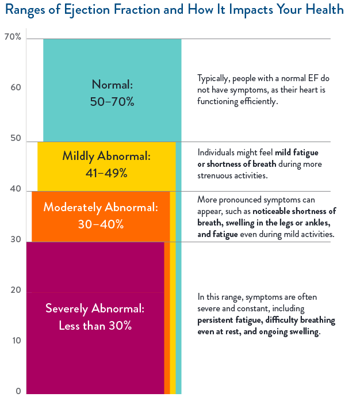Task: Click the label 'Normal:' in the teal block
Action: pyautogui.click(x=112, y=85)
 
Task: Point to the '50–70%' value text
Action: pyautogui.click(x=112, y=102)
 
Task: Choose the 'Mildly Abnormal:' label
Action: pyautogui.click(x=106, y=156)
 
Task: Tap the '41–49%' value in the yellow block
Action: pyautogui.click(x=106, y=172)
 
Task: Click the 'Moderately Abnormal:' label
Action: pyautogui.click(x=101, y=207)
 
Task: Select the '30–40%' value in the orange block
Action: pyautogui.click(x=101, y=224)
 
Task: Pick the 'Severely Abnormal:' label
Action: pyautogui.click(x=95, y=308)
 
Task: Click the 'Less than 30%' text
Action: pyautogui.click(x=95, y=325)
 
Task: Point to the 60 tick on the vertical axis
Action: pyautogui.click(x=16, y=87)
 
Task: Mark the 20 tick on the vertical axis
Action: pyautogui.click(x=16, y=290)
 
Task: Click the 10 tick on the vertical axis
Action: pyautogui.click(x=16, y=341)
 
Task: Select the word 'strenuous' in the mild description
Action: pyautogui.click(x=216, y=175)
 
